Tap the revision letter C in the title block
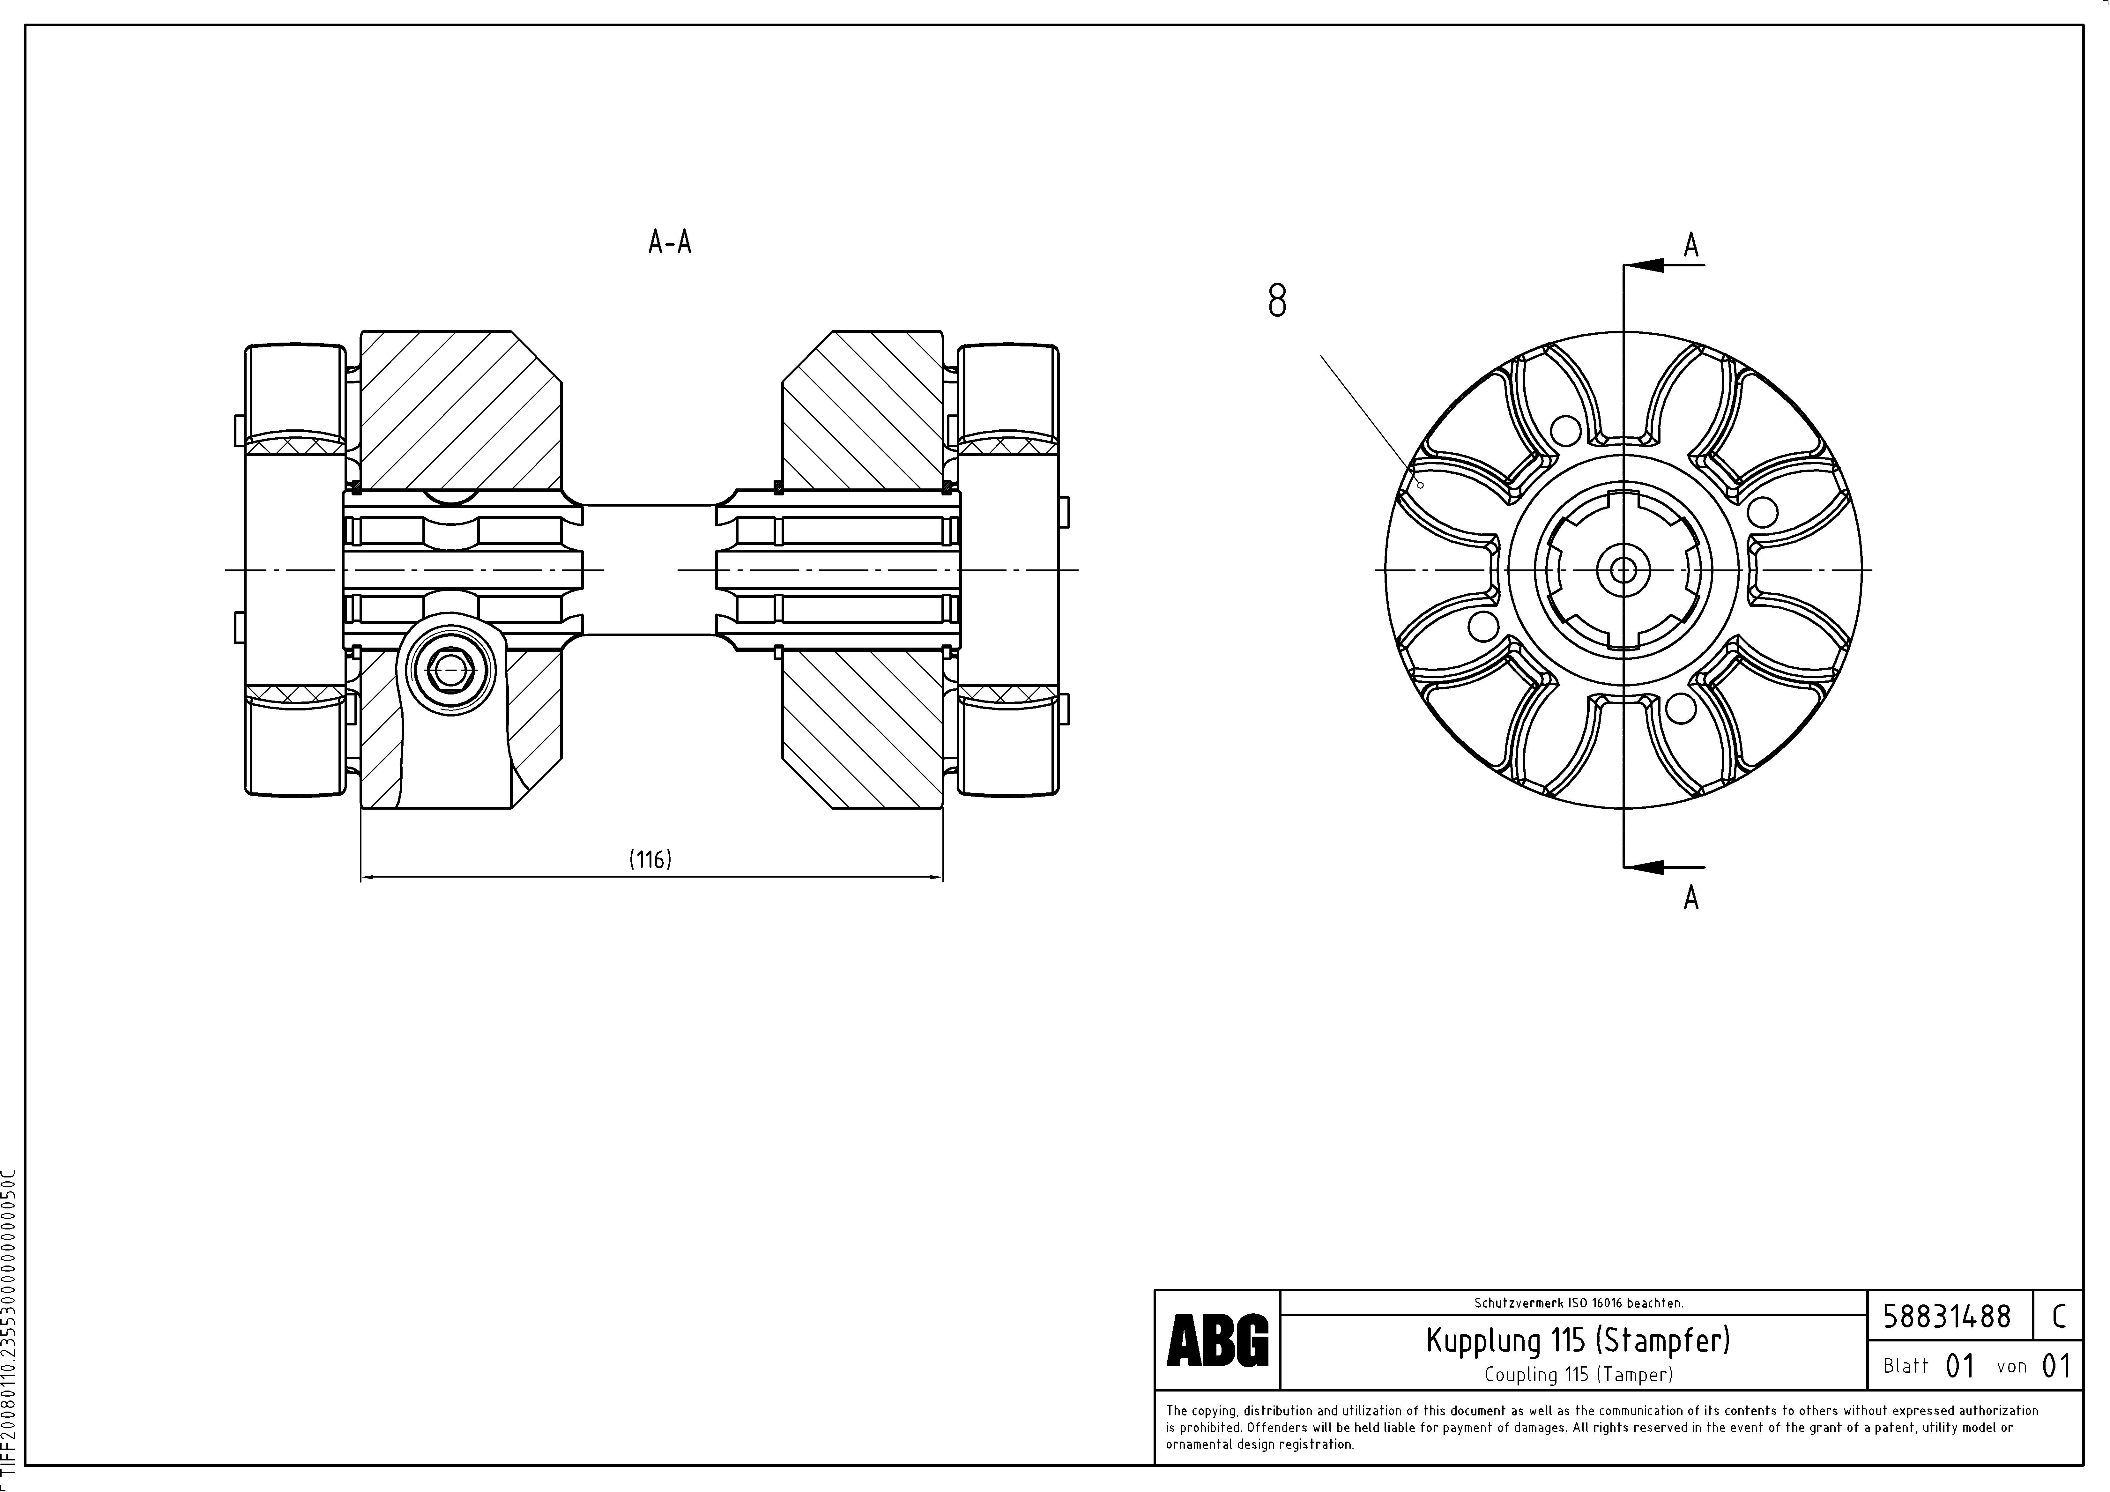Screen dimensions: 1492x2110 2059,1317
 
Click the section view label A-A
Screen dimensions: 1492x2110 670,242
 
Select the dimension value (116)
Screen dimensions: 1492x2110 651,859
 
